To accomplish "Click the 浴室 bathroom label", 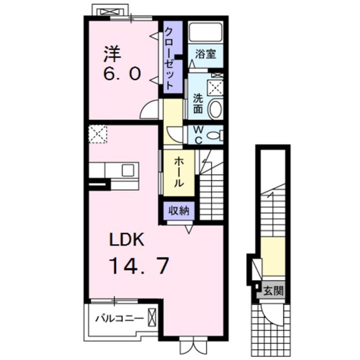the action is click(x=205, y=54).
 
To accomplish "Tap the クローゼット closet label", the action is click(x=169, y=58).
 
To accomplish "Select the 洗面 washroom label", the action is click(x=197, y=104).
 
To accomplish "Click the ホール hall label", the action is click(x=179, y=172).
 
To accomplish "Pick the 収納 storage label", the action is click(x=179, y=210).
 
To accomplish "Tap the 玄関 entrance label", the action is click(x=273, y=291).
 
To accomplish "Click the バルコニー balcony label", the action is click(x=119, y=318).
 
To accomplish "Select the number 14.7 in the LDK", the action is click(x=140, y=266).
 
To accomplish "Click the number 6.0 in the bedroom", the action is click(x=121, y=74).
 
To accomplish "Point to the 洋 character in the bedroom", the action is click(x=112, y=54).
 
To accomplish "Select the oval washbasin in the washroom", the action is click(x=215, y=108).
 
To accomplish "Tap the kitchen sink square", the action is click(x=128, y=170).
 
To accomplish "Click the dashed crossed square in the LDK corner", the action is click(x=98, y=134).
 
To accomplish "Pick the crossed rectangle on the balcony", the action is click(x=151, y=316).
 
